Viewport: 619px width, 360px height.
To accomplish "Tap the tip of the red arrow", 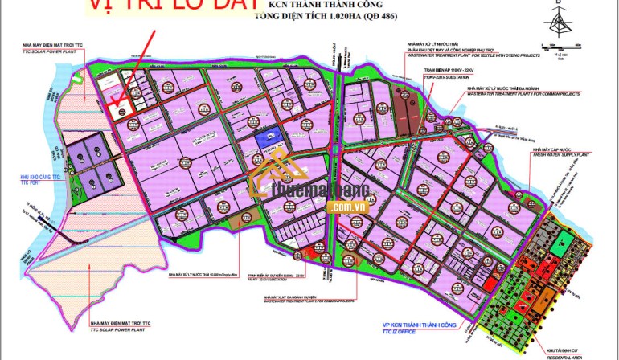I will pos(116,105).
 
